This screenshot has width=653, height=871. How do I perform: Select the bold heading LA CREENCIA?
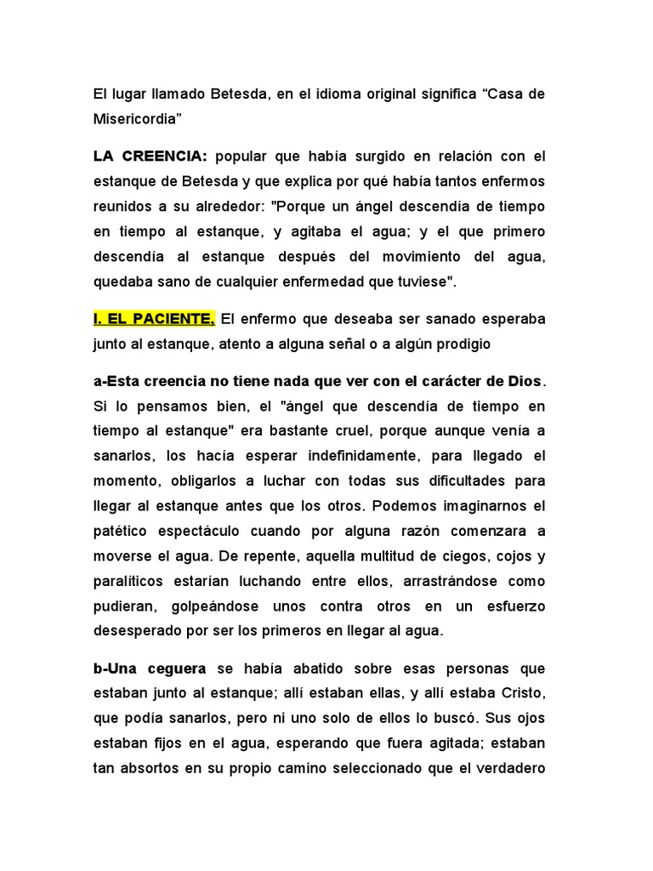point(150,157)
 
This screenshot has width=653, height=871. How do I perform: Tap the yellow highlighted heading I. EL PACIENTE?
point(154,319)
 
